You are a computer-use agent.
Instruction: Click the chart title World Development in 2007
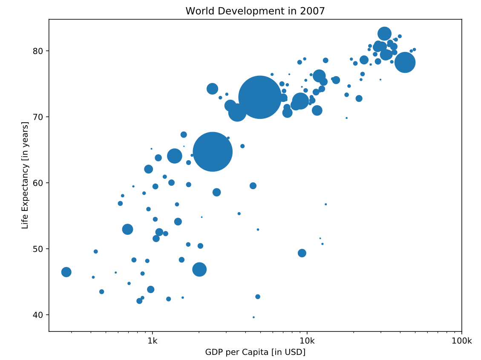255,11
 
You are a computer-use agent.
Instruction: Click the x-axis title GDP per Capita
255,352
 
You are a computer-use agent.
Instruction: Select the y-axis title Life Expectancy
25,175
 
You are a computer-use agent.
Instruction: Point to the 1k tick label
152,341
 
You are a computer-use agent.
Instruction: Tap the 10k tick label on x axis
307,341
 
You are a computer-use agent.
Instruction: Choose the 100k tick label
461,341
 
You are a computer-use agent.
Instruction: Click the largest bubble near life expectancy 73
259,97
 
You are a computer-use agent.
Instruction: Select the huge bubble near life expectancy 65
213,151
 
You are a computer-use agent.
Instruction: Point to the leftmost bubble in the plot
66,272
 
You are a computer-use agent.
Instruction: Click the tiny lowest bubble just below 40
253,317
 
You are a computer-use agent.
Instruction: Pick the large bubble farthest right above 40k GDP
405,63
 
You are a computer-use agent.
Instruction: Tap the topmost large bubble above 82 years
384,33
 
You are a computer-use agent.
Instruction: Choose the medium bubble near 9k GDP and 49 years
302,253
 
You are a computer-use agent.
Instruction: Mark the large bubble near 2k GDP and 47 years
199,269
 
